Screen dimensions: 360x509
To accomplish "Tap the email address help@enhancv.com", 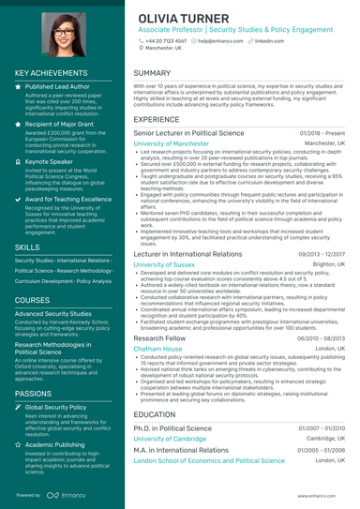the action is click(217, 42).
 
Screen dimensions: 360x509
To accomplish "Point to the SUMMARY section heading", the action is click(152, 72).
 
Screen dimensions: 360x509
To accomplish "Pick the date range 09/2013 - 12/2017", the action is click(322, 254).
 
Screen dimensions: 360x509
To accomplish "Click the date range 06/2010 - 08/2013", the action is click(322, 337).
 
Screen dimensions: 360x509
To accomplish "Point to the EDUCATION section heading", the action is click(156, 413).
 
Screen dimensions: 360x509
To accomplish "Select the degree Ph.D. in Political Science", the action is click(172, 427).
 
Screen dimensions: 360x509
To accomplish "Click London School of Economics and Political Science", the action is click(209, 461).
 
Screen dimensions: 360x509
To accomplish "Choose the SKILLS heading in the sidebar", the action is click(28, 247).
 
